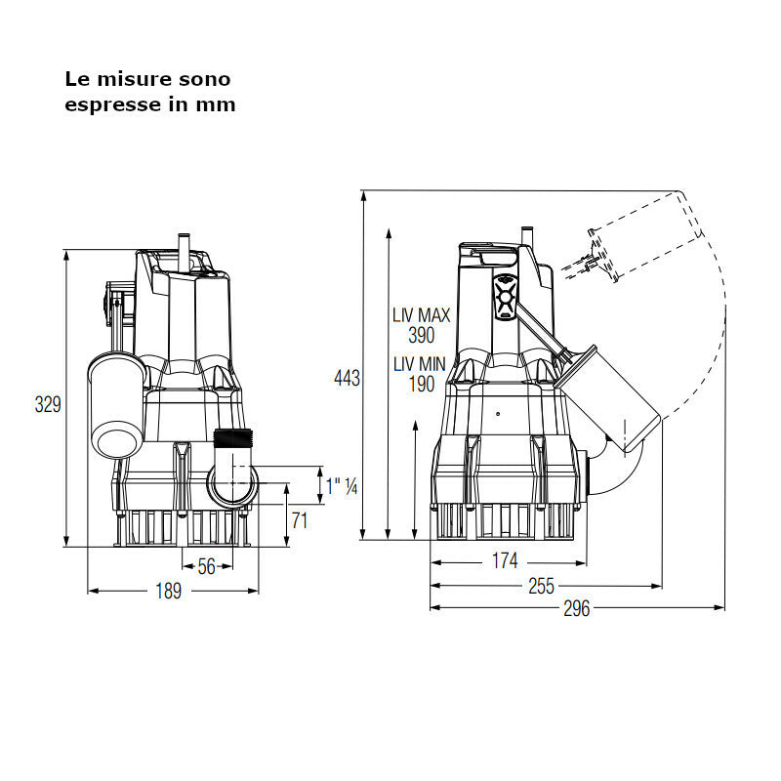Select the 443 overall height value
point(347,379)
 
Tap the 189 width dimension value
point(170,593)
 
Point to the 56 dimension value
point(206,566)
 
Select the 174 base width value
point(505,561)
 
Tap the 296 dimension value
point(577,609)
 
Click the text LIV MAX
point(421,315)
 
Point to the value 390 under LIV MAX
point(421,335)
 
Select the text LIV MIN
point(420,364)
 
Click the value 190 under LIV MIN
point(421,384)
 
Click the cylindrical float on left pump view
point(116,405)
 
